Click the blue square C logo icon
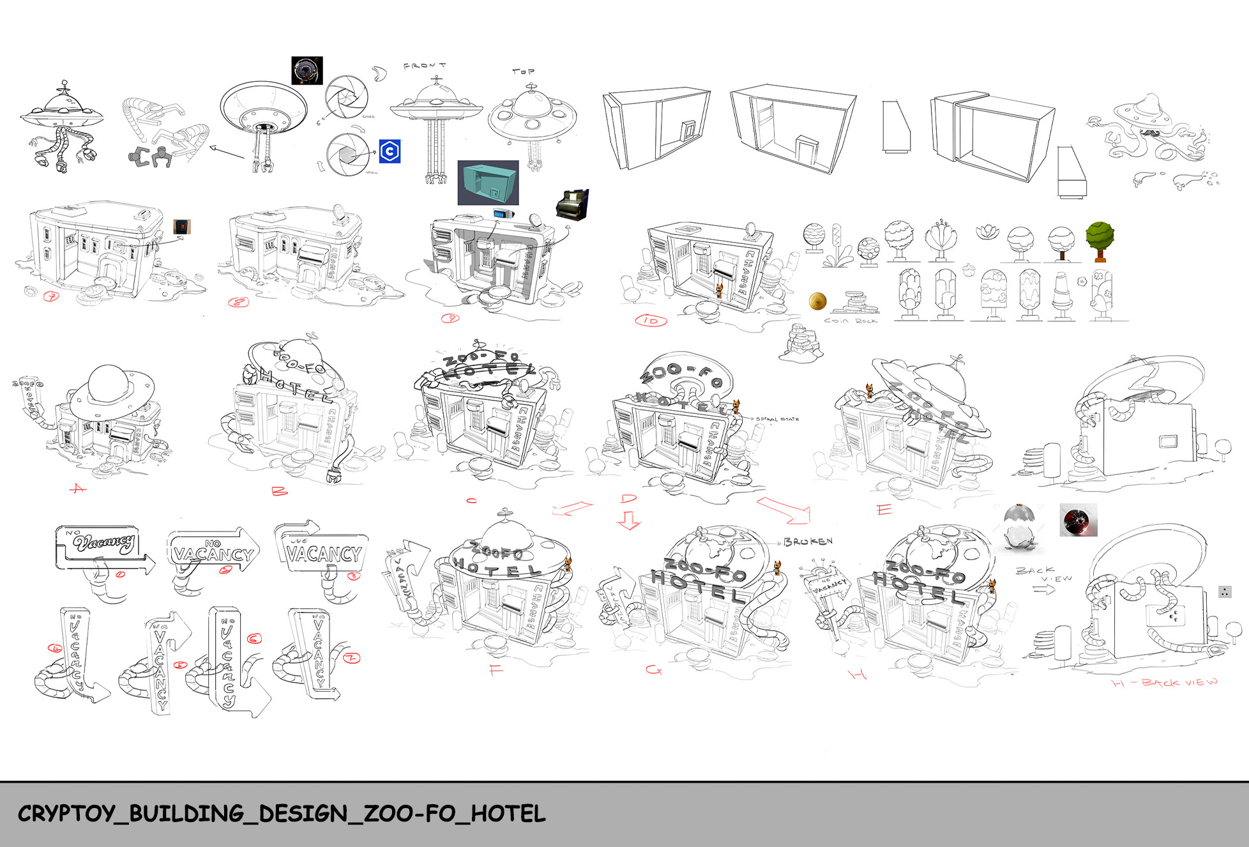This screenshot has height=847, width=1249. tap(390, 151)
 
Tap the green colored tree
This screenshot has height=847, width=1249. tap(1100, 240)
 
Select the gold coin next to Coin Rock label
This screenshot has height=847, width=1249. tap(817, 301)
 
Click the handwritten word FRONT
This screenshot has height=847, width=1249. tap(425, 66)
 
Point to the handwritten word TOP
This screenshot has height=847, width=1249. tap(523, 72)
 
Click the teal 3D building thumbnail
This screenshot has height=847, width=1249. tap(488, 182)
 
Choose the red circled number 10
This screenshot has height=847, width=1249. tap(651, 321)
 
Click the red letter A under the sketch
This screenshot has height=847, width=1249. tap(78, 489)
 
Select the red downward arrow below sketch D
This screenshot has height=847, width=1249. tap(628, 520)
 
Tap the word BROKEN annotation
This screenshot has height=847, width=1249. tap(808, 542)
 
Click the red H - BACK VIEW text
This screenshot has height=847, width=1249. tap(1165, 683)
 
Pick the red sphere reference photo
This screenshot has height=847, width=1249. tap(1079, 520)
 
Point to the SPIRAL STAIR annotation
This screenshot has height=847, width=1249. tap(777, 419)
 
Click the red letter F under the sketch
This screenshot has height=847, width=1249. tap(496, 670)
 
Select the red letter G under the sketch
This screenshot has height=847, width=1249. tap(653, 669)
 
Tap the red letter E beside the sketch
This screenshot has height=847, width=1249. tap(884, 510)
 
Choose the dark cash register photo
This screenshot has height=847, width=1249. tap(572, 204)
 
